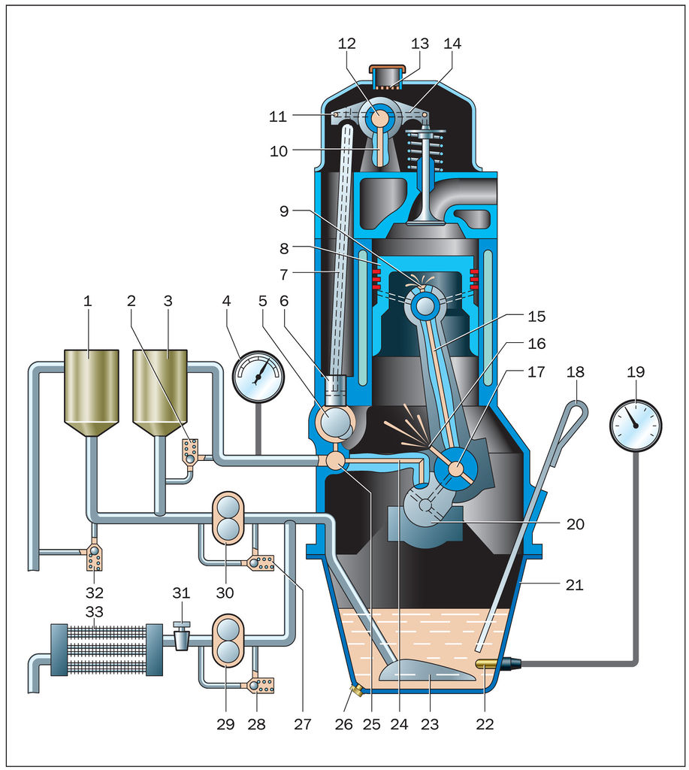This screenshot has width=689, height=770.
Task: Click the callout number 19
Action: pos(636,372)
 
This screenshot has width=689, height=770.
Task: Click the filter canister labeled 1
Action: pos(91,391)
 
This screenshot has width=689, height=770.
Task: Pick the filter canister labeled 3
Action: pos(159,391)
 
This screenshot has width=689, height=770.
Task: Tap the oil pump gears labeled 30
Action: pos(226,518)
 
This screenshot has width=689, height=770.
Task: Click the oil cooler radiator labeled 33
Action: pos(106,649)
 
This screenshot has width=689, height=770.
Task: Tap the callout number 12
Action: pos(346,44)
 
